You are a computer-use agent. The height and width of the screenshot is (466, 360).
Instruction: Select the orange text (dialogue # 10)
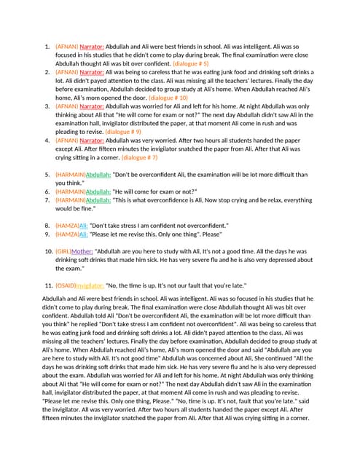click(x=168, y=97)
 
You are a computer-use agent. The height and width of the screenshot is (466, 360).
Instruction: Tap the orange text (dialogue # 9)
click(x=123, y=132)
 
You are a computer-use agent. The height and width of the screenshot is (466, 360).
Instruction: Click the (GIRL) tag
click(x=63, y=250)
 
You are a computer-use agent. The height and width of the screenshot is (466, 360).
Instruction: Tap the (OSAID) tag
click(x=66, y=285)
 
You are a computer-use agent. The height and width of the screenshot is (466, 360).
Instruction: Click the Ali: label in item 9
click(x=83, y=234)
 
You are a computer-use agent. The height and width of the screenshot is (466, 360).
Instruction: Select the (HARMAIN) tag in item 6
click(x=70, y=191)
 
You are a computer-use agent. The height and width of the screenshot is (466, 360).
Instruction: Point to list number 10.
click(x=47, y=250)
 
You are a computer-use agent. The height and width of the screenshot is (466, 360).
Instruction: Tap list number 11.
click(x=47, y=285)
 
